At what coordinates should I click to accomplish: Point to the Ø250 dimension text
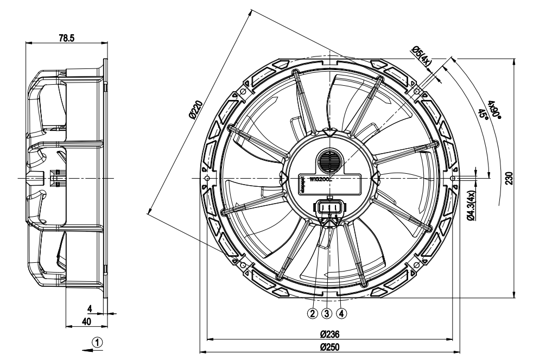point(330,347)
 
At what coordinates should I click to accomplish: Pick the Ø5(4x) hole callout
point(422,56)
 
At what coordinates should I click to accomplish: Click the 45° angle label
point(482,113)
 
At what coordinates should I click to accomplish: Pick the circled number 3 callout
point(327,313)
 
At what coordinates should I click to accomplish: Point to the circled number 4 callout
point(341,313)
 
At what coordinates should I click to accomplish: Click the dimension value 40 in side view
point(86,321)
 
